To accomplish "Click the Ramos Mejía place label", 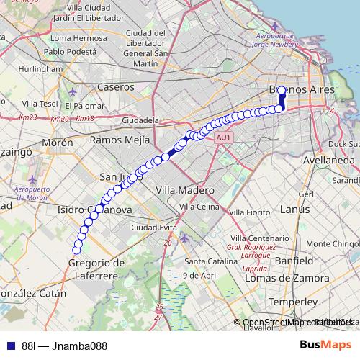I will coord(120,140).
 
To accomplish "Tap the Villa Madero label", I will coord(185,190).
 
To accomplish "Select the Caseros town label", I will coord(115,86).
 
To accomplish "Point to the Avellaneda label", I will coord(330,160).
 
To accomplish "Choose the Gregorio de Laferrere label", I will coord(96,269).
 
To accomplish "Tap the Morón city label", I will coord(58,143).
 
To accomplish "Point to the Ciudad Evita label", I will coord(150,228).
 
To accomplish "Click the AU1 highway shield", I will coord(224,136).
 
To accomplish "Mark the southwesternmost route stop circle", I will coord(76,250).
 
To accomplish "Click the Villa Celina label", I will coord(198,207).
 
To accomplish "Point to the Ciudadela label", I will coord(140,120).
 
